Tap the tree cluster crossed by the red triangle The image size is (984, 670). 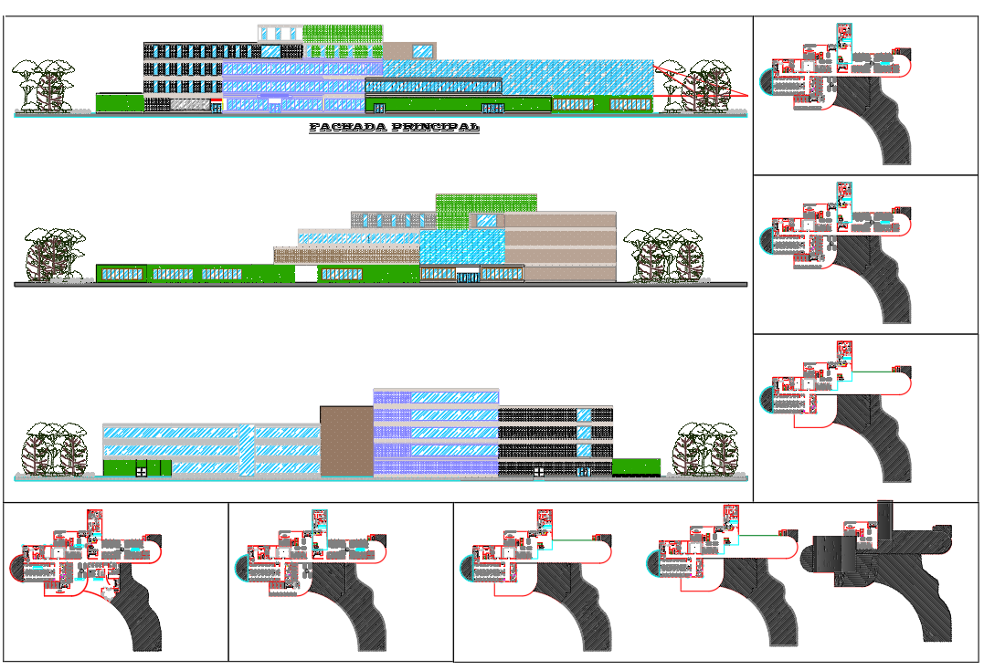708,87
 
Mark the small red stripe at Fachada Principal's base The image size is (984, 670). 216,100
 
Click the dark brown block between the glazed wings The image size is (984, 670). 346,442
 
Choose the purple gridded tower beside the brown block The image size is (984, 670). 435,434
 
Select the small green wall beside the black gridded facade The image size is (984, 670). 635,467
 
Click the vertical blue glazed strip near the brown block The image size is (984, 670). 246,449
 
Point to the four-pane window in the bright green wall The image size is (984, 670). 142,470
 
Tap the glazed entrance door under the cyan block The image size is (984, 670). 469,277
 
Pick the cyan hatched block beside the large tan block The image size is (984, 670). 462,246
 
